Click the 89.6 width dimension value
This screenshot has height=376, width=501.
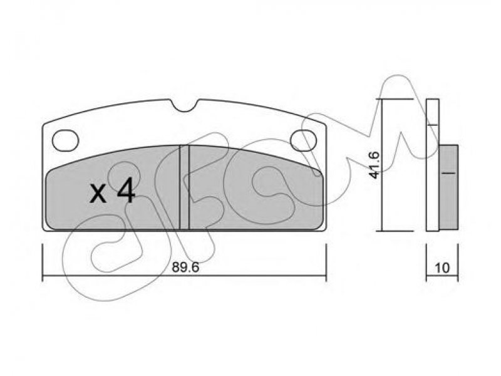pyautogui.click(x=185, y=268)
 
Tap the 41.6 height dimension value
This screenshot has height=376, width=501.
pyautogui.click(x=374, y=165)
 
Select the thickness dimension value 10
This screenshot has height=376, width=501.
pyautogui.click(x=442, y=268)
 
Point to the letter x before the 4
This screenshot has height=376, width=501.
pyautogui.click(x=98, y=194)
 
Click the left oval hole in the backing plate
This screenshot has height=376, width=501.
pyautogui.click(x=66, y=140)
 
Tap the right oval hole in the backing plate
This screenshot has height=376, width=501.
pyautogui.click(x=303, y=140)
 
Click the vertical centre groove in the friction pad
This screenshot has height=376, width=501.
pyautogui.click(x=184, y=187)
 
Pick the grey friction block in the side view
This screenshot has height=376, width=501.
pyautogui.click(x=448, y=187)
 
